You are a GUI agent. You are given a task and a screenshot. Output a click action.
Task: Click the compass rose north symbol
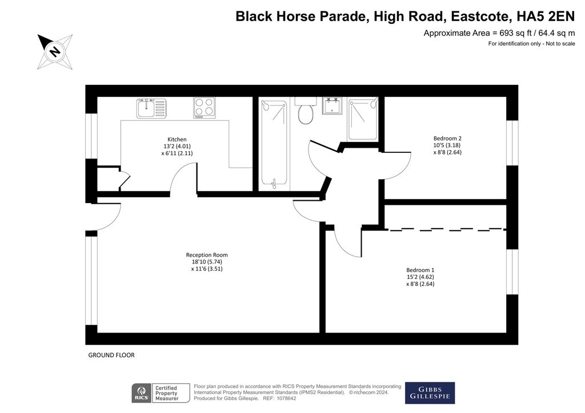pyautogui.click(x=55, y=51)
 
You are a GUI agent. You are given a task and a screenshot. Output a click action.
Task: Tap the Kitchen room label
pyautogui.click(x=177, y=139)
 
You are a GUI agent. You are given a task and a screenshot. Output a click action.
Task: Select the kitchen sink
pyautogui.click(x=151, y=108)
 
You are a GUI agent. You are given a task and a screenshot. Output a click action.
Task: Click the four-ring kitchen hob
pyautogui.click(x=205, y=108)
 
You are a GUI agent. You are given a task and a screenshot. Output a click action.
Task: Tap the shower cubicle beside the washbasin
pyautogui.click(x=363, y=119)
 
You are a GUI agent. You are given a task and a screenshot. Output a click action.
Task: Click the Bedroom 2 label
pyautogui.click(x=447, y=138)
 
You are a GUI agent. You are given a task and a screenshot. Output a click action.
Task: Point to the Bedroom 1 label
pyautogui.click(x=420, y=270)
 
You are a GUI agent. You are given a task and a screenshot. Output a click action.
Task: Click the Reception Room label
pyautogui.click(x=207, y=255)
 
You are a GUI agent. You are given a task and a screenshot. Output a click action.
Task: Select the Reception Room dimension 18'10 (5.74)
pyautogui.click(x=207, y=262)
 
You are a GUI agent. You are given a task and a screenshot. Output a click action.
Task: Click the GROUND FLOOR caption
pyautogui.click(x=111, y=355)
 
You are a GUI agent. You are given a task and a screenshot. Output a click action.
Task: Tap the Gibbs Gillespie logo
pyautogui.click(x=430, y=393)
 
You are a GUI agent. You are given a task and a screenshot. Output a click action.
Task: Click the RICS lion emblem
pyautogui.click(x=142, y=391)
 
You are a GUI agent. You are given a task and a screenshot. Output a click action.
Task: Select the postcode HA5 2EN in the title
pyautogui.click(x=546, y=17)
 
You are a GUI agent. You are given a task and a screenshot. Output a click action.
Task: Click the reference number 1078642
pyautogui.click(x=285, y=399)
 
